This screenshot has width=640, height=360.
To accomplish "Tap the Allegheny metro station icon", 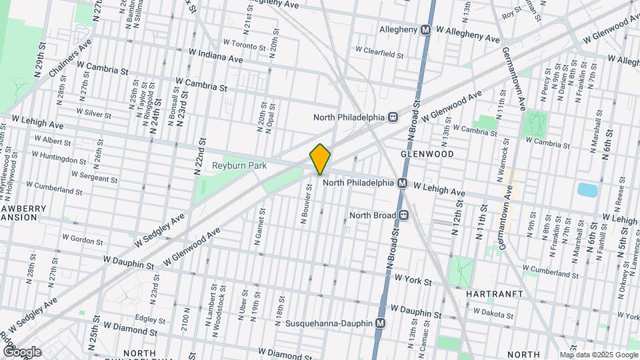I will point(425,29).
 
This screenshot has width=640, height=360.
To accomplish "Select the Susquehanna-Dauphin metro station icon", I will point(381,323).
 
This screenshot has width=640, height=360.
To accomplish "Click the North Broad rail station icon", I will point(403,215).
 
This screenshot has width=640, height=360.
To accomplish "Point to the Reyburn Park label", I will point(234,165).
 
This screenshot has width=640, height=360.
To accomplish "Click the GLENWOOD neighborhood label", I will point(427,154).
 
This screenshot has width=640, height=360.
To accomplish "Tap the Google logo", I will point(21,352).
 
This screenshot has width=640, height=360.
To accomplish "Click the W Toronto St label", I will point(245,43).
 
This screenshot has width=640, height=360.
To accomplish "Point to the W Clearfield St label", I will point(380,49).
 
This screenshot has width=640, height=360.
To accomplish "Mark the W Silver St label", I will point(94,113).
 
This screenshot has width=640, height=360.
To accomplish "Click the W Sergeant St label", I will point(95,177).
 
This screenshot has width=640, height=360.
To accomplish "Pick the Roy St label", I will point(512,13).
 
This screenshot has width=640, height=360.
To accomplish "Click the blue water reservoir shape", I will point(588,190).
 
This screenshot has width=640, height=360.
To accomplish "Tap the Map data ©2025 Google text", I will point(598,355).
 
